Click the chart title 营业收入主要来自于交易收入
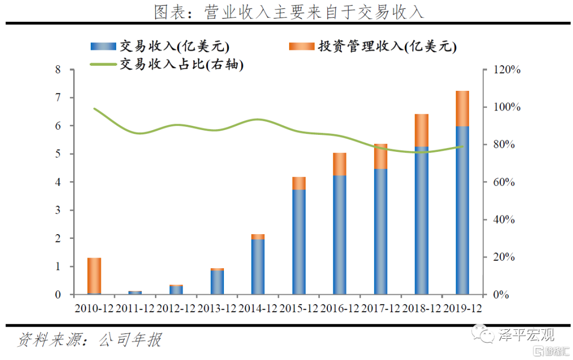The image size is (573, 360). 289,12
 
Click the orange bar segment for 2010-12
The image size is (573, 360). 94,275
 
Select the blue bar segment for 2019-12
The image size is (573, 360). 462,210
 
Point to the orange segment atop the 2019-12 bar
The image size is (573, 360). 462,108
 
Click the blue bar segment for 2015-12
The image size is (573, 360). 299,242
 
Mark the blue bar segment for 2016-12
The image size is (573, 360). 340,235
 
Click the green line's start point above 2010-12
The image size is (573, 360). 94,109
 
